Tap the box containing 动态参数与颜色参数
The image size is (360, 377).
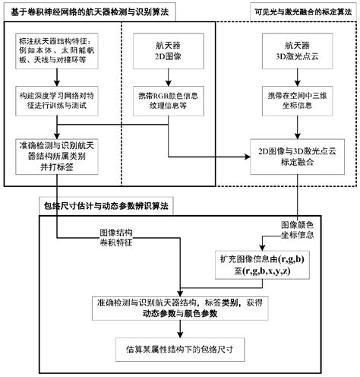coord(179,308)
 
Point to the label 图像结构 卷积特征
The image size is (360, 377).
coord(116,237)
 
